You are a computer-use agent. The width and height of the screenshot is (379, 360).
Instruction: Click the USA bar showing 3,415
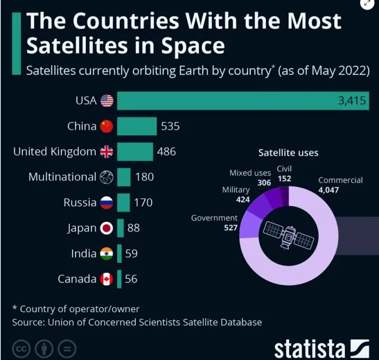coord(243,101)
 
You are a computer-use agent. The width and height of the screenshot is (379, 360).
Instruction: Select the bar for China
coord(136,126)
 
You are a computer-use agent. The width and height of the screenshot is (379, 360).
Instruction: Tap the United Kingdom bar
coord(134,151)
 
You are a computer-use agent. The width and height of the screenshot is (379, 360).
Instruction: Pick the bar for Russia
coord(123,203)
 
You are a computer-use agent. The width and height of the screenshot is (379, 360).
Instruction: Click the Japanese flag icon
coord(106,228)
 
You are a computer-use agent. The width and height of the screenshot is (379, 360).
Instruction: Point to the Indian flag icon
coord(106,254)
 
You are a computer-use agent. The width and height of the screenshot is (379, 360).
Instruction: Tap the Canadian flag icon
coord(106,280)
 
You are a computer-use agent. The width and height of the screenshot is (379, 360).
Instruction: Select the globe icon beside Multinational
coord(106,177)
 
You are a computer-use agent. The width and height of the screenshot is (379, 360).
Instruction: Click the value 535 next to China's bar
coord(170,126)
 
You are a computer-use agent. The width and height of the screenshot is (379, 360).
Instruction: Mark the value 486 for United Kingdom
coord(166,151)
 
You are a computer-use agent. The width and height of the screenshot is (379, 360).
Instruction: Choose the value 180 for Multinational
coord(144,177)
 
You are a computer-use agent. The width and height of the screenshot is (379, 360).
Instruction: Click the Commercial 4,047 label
coord(340,184)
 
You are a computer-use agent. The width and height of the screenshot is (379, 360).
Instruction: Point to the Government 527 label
coord(214,222)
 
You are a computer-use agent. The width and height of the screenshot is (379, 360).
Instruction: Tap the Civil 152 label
coord(284,173)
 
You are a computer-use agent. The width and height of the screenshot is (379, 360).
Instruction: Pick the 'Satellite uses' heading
coord(288,152)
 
